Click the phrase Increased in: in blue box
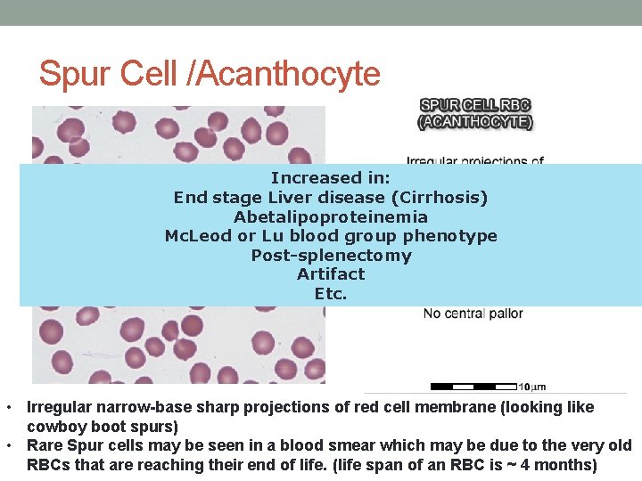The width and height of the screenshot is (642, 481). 330,178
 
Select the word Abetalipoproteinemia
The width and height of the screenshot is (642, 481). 330,217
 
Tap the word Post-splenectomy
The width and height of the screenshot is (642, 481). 330,256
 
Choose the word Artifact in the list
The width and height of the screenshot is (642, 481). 330,274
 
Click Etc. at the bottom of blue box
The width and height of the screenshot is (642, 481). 330,294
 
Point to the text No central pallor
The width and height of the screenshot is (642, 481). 473,314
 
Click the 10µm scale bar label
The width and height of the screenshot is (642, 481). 532,387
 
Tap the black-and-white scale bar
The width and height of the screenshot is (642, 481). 473,387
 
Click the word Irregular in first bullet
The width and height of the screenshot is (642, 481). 58,408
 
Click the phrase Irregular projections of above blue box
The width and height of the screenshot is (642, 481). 474,160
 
